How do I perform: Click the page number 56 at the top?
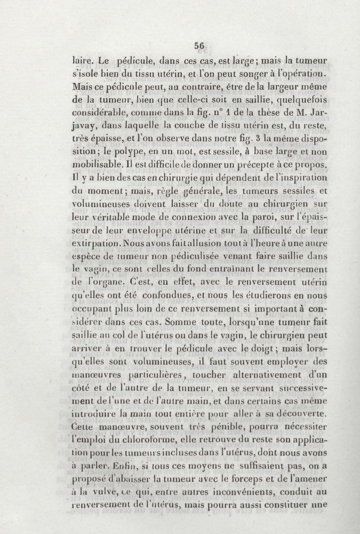pos(199,45)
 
